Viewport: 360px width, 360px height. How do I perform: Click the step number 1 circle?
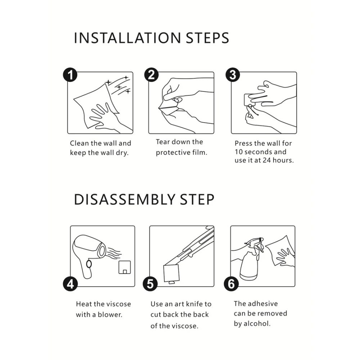pyautogui.click(x=70, y=75)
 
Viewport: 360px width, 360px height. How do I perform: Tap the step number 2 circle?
pyautogui.click(x=151, y=75)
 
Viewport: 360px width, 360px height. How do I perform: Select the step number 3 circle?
pyautogui.click(x=233, y=75)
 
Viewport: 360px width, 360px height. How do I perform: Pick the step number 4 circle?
pyautogui.click(x=70, y=284)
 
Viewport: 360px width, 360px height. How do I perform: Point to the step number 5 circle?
pyautogui.click(x=150, y=284)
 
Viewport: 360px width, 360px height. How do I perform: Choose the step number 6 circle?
pyautogui.click(x=231, y=284)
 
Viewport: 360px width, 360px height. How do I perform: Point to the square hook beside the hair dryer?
pyautogui.click(x=125, y=267)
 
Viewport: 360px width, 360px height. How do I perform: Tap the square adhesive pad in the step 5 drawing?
pyautogui.click(x=171, y=273)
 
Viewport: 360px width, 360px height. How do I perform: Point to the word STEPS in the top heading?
pyautogui.click(x=207, y=38)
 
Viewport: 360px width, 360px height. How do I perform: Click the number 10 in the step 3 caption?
pyautogui.click(x=239, y=152)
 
